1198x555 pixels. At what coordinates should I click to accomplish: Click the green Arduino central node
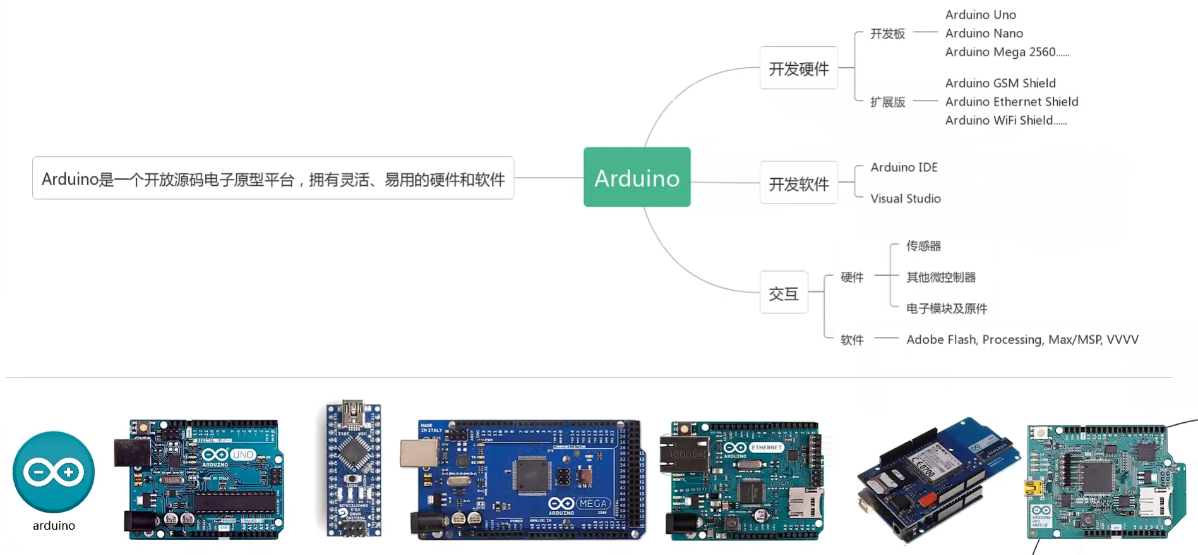pyautogui.click(x=637, y=177)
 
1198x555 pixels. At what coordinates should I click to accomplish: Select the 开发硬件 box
pyautogui.click(x=798, y=68)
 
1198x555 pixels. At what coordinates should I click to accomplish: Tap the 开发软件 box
pyautogui.click(x=798, y=183)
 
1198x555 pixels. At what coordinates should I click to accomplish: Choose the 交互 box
pyautogui.click(x=784, y=293)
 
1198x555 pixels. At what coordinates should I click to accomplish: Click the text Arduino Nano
pyautogui.click(x=983, y=34)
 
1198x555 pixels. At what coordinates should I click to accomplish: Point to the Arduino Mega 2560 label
pyautogui.click(x=1000, y=52)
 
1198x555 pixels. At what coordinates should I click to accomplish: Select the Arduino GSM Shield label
pyautogui.click(x=1000, y=83)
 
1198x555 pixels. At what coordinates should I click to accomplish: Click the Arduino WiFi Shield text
pyautogui.click(x=999, y=120)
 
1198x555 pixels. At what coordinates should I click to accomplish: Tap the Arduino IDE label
pyautogui.click(x=904, y=167)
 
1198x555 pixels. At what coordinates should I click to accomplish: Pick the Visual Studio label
pyautogui.click(x=905, y=198)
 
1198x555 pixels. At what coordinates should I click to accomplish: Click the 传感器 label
pyautogui.click(x=923, y=246)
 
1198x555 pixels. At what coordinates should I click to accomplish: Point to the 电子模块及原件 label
pyautogui.click(x=946, y=308)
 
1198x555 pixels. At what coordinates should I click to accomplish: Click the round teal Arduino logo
pyautogui.click(x=54, y=472)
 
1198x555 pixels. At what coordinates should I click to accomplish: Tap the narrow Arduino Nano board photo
pyautogui.click(x=353, y=468)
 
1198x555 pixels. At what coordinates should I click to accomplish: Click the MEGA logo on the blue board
pyautogui.click(x=592, y=504)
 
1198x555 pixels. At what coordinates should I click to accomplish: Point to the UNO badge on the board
pyautogui.click(x=243, y=454)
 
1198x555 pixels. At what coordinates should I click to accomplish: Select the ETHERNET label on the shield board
pyautogui.click(x=767, y=448)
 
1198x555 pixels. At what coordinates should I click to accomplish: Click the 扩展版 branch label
pyautogui.click(x=887, y=102)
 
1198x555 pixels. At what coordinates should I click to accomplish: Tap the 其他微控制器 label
pyautogui.click(x=940, y=277)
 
